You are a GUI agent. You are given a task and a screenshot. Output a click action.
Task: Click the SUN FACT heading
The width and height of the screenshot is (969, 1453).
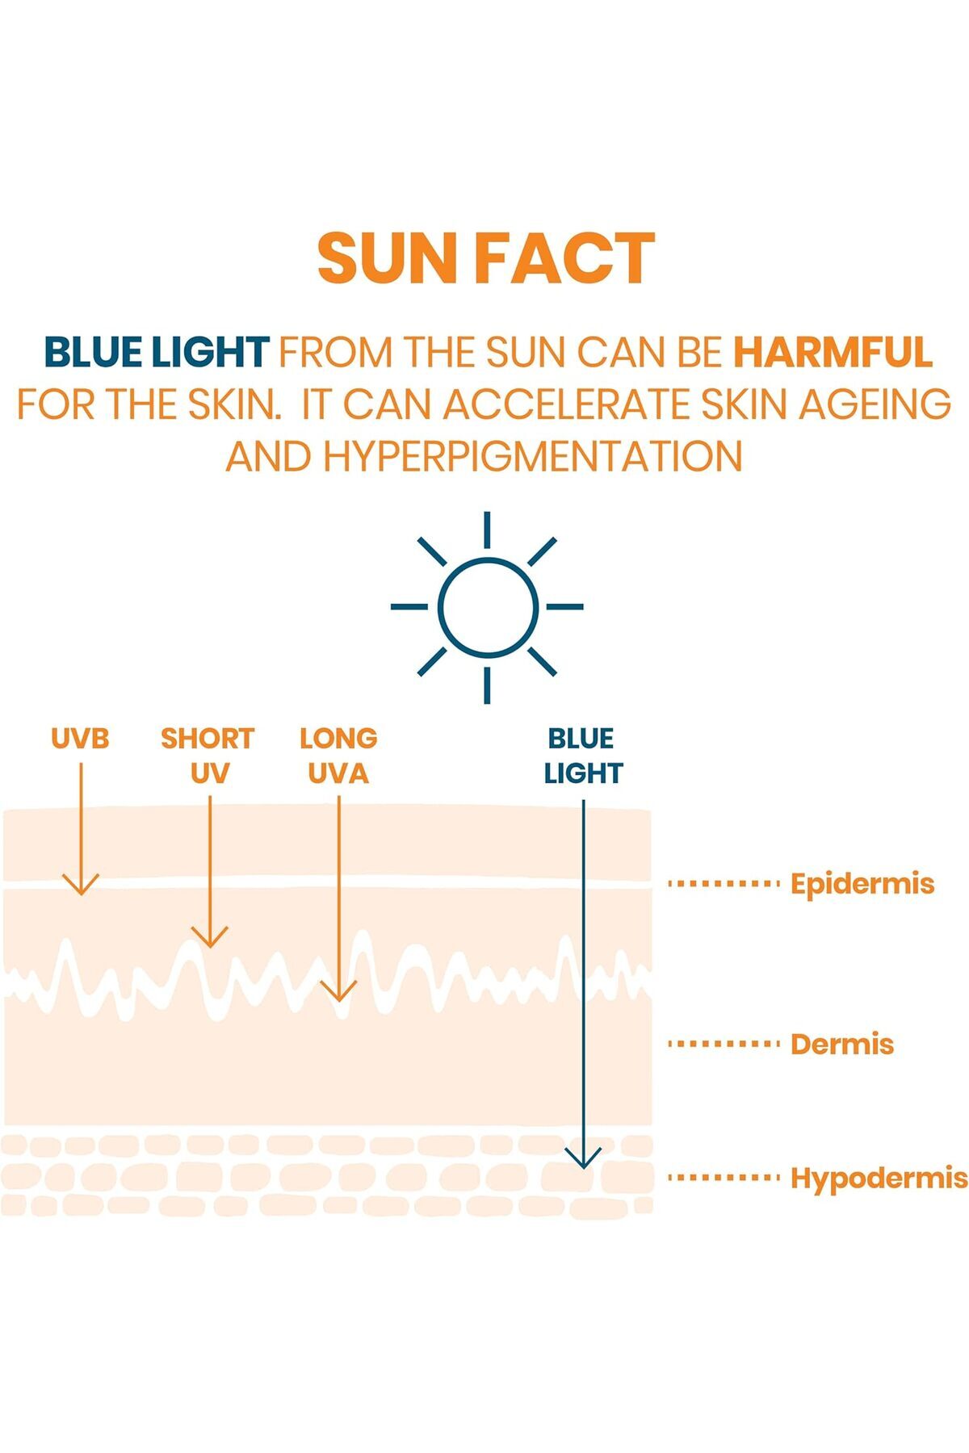pos(485,258)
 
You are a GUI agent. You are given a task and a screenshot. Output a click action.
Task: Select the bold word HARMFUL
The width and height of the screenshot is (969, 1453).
pos(833,352)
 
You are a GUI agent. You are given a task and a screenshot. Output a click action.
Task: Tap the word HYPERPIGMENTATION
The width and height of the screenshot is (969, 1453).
pos(533,457)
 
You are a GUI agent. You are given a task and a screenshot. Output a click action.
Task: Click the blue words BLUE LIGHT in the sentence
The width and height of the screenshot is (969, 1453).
pos(156,352)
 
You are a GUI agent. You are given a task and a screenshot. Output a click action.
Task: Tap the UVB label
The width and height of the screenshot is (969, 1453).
pos(80,738)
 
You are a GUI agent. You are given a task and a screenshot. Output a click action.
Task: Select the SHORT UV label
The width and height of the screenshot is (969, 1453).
pos(208,756)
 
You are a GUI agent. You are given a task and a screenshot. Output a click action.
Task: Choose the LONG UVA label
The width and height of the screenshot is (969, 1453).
pos(338,756)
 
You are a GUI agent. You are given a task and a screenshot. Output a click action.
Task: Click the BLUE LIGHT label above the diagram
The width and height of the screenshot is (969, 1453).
pos(582,756)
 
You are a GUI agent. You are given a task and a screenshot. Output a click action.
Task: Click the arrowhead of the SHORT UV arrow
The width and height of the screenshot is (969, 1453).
pos(210,946)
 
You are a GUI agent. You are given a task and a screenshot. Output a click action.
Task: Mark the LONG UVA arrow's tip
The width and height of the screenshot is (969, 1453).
pos(339,1000)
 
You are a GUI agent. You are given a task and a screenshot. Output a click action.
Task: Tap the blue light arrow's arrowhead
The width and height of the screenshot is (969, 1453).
pos(583,1167)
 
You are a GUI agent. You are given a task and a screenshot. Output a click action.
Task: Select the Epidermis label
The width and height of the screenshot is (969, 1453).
pos(862,884)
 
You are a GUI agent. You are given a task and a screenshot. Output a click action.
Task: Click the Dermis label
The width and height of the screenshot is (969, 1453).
pos(842,1044)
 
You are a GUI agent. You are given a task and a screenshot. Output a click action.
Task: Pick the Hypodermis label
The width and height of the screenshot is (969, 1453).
pos(879,1179)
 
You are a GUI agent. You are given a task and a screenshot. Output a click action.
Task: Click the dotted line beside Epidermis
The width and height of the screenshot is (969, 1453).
pos(724,884)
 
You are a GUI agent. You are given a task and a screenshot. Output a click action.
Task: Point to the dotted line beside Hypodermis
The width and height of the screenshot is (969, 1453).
pos(724,1178)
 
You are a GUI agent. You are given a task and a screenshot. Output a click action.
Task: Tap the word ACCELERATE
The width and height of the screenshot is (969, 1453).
pos(567,404)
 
